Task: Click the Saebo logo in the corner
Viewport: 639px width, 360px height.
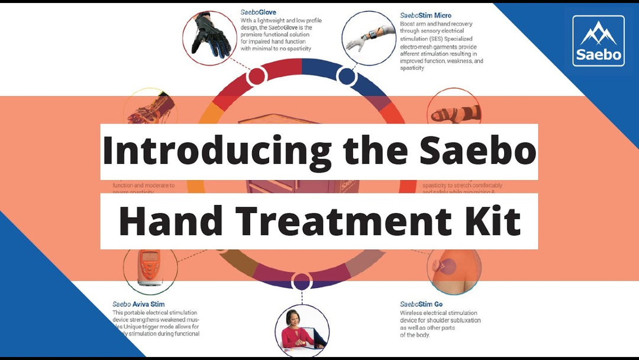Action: [x=598, y=40]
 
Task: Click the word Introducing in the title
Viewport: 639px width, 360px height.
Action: [x=216, y=151]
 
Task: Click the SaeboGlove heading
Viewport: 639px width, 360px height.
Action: [x=259, y=12]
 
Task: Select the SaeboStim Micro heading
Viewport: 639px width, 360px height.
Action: [x=425, y=15]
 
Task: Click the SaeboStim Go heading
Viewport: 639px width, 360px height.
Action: [x=421, y=304]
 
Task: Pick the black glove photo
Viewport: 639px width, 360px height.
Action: [x=209, y=35]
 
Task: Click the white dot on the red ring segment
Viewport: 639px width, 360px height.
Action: [x=256, y=76]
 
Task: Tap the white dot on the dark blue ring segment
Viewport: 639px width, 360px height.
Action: [x=346, y=76]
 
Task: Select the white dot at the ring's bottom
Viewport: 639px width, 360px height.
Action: [x=301, y=281]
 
